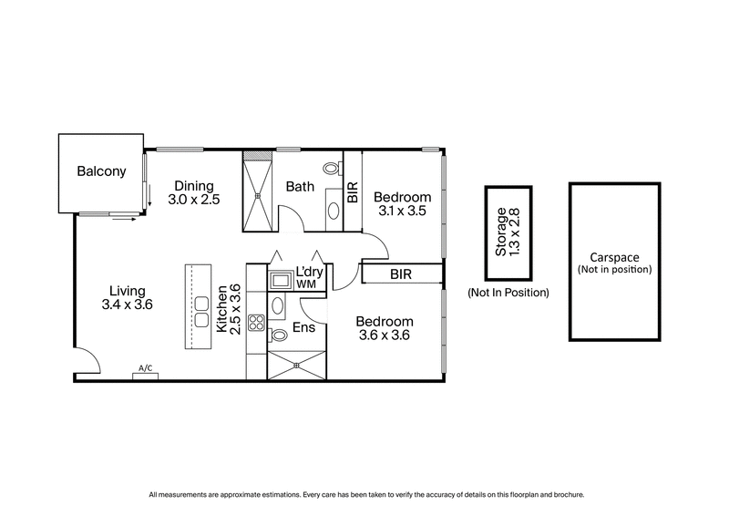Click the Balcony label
click(x=101, y=170)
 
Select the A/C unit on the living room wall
click(x=144, y=372)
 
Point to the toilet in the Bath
click(x=332, y=170)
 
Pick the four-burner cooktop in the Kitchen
click(x=256, y=321)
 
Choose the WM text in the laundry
click(x=305, y=284)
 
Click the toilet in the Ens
click(x=279, y=335)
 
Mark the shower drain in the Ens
click(x=294, y=366)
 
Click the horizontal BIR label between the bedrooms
click(x=401, y=273)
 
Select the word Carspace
click(x=615, y=257)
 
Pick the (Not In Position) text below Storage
click(x=508, y=293)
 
